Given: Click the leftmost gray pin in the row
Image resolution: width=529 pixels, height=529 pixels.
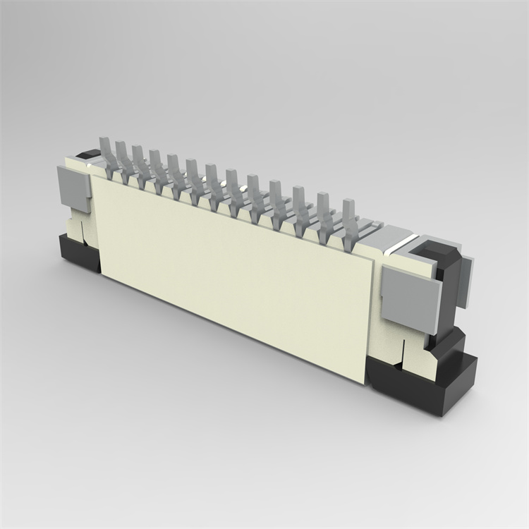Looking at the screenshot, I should [x=106, y=152].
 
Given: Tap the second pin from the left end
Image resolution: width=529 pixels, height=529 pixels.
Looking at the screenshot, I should [x=121, y=156].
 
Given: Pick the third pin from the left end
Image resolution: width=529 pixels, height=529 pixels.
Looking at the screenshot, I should [x=138, y=160].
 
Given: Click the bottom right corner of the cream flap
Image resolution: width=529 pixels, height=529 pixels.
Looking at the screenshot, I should [x=365, y=382].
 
